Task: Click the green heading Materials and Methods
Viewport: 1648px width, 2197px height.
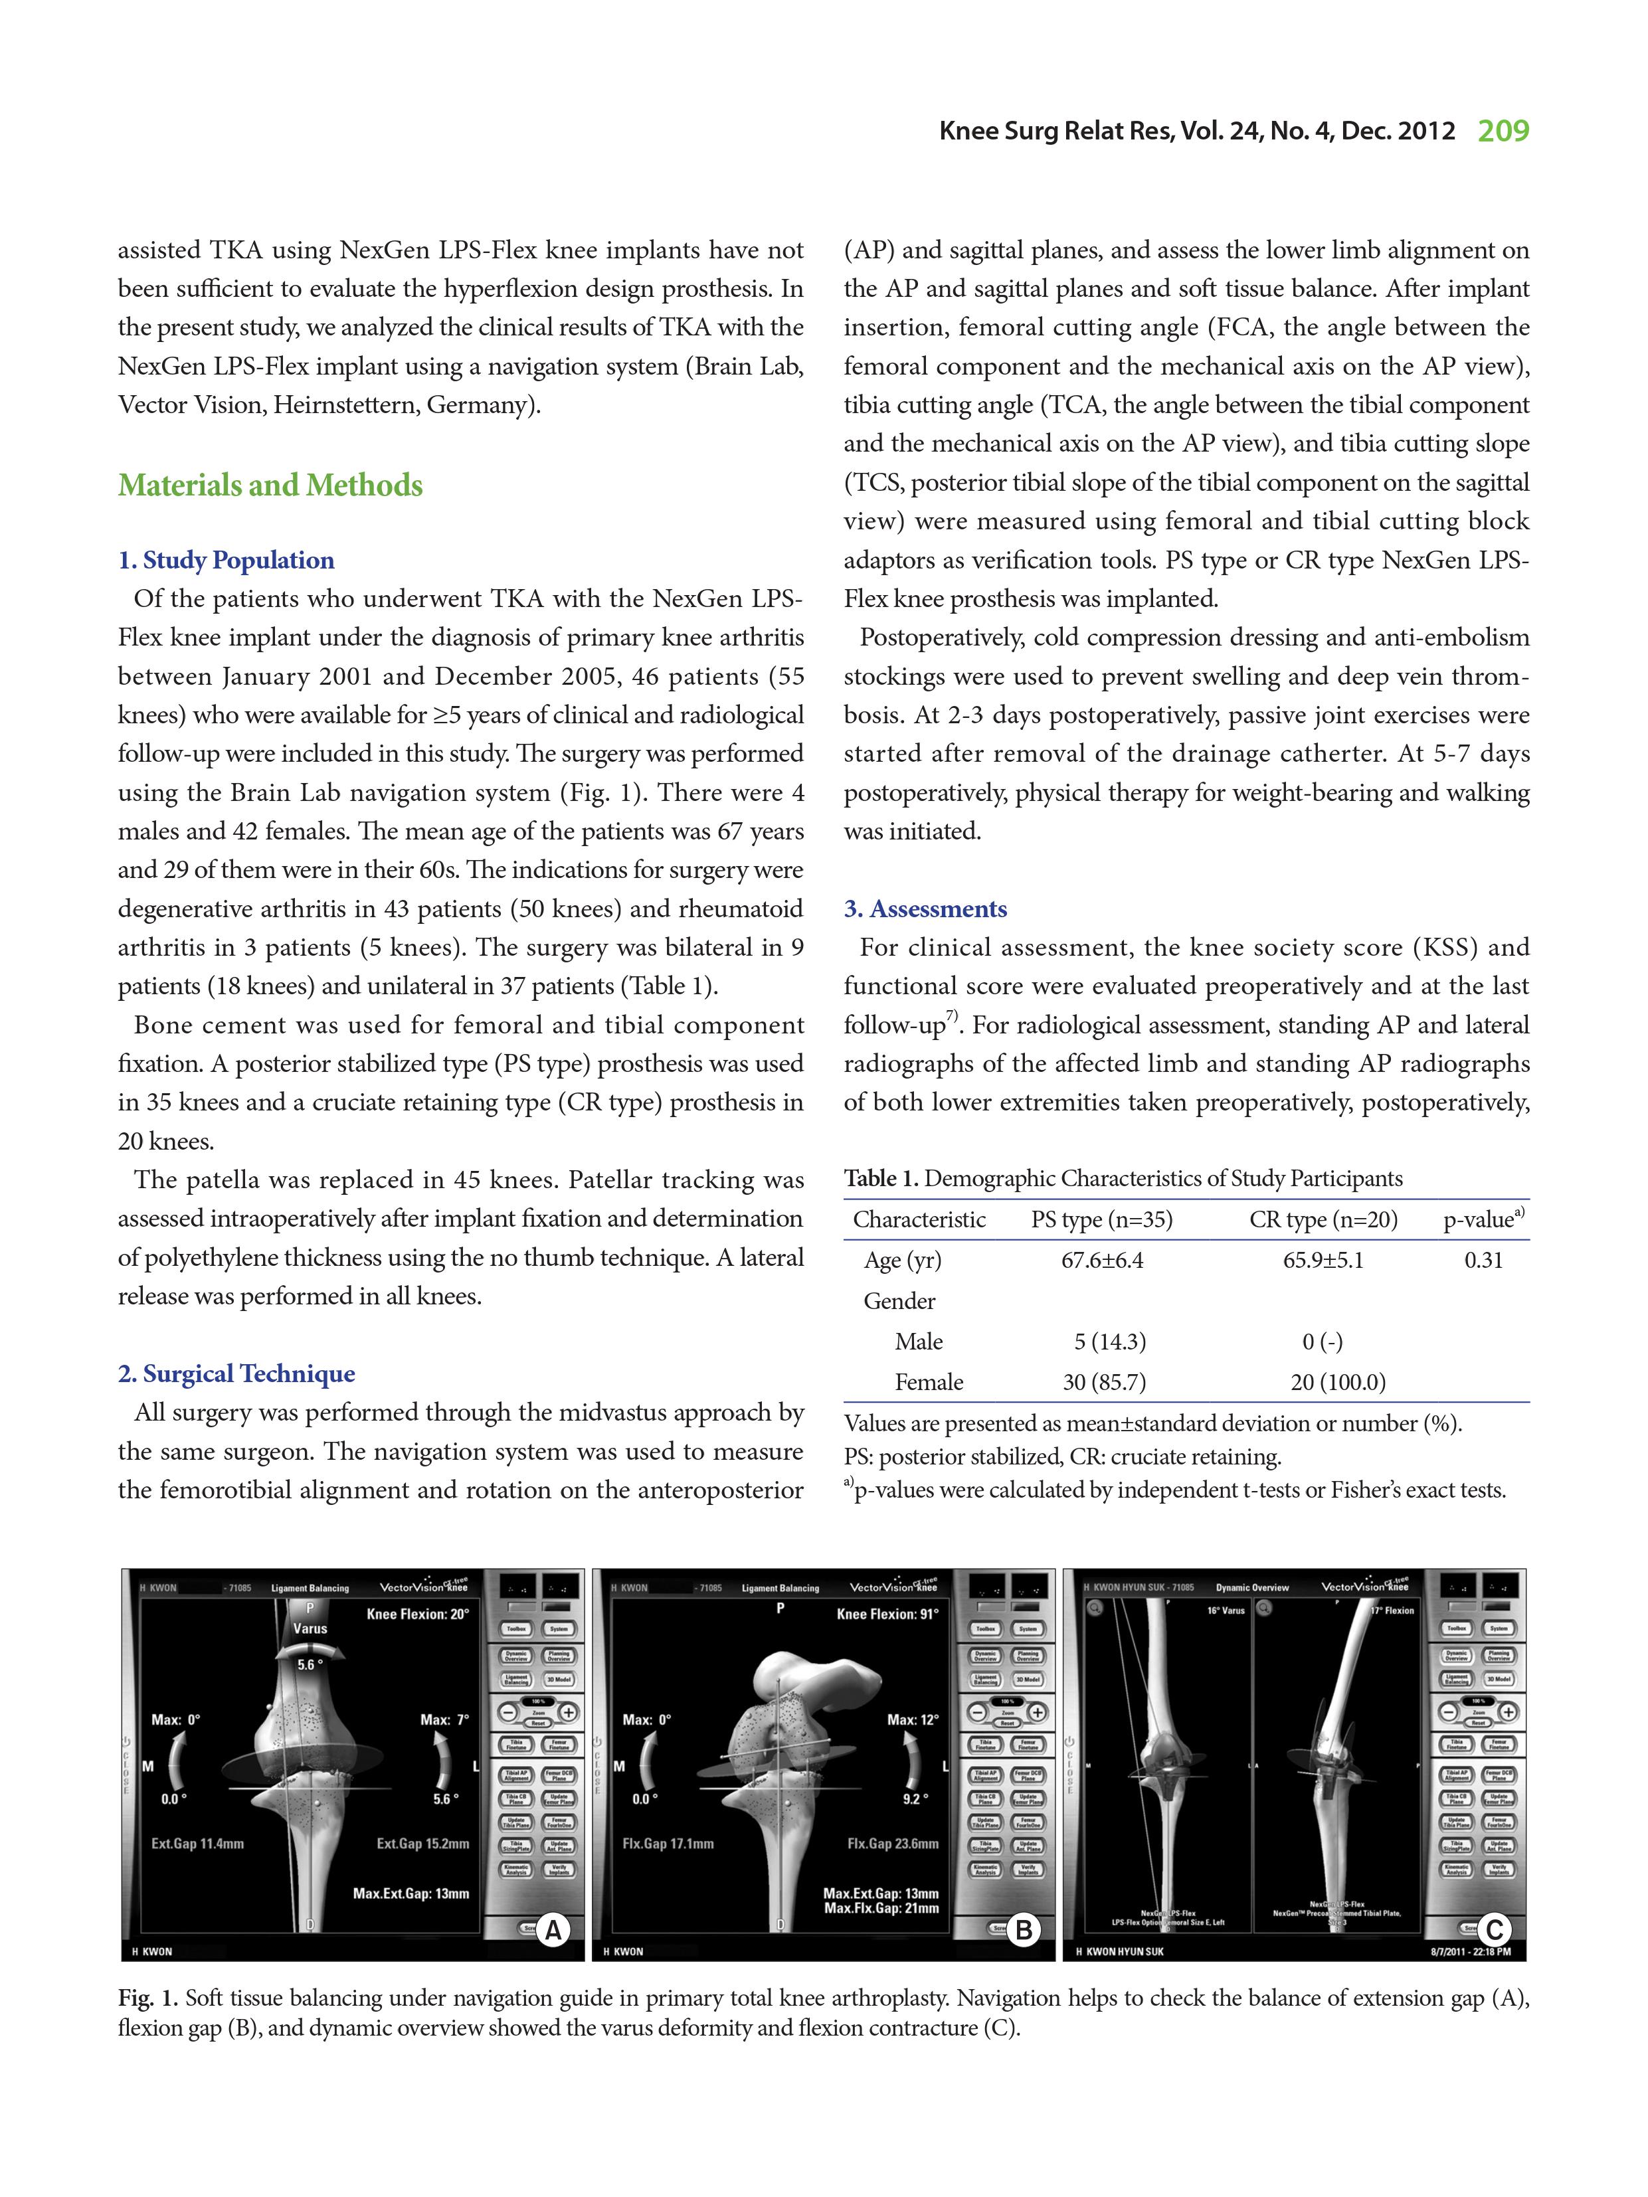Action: tap(270, 485)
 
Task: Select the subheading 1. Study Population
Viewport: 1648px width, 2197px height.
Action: tap(227, 560)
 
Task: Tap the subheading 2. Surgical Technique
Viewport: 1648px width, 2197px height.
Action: tap(236, 1373)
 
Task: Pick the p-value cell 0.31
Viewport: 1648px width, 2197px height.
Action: tap(1483, 1261)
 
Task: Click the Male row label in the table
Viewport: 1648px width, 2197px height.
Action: tap(918, 1342)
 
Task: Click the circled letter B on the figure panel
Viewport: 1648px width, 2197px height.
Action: tap(1022, 1931)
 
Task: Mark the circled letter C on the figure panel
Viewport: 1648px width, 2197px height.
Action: tap(1493, 1931)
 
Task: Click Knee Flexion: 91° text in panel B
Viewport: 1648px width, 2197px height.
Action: tap(887, 1614)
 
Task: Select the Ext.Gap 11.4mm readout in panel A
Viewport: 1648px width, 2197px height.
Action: tap(198, 1844)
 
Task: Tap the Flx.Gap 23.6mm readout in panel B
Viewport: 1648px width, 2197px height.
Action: tap(892, 1844)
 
